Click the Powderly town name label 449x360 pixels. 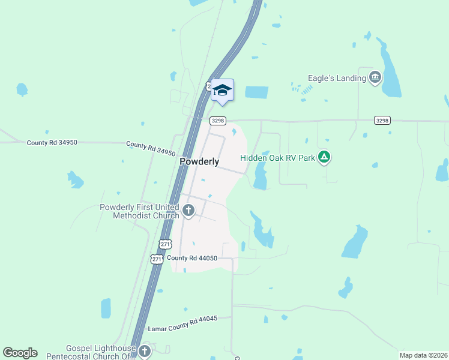click(x=199, y=161)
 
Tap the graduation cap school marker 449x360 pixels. click(x=222, y=91)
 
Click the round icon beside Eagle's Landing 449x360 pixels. click(x=376, y=77)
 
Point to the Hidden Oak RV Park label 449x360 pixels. click(x=277, y=158)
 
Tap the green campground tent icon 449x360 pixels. click(x=324, y=158)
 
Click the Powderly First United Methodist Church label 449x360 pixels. click(x=139, y=211)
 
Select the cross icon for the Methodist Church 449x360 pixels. click(x=188, y=210)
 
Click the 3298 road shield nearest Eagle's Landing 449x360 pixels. click(x=382, y=121)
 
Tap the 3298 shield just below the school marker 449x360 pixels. click(x=218, y=121)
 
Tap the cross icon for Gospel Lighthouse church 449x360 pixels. click(x=144, y=351)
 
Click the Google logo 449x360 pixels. click(x=20, y=353)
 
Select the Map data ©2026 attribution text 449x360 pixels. click(x=423, y=355)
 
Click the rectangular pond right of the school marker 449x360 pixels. click(x=256, y=92)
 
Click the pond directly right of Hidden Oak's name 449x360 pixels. click(x=261, y=176)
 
